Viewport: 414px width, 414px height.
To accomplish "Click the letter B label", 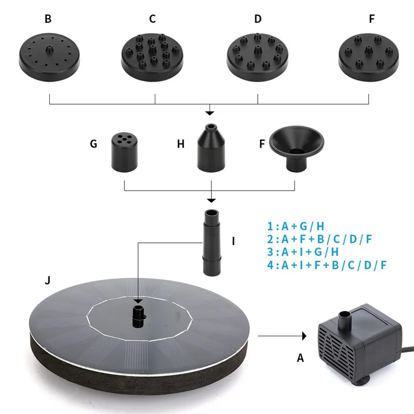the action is point(48,19).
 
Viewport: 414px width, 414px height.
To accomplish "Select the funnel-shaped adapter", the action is point(297,149).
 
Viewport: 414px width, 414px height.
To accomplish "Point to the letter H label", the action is point(181,144).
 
